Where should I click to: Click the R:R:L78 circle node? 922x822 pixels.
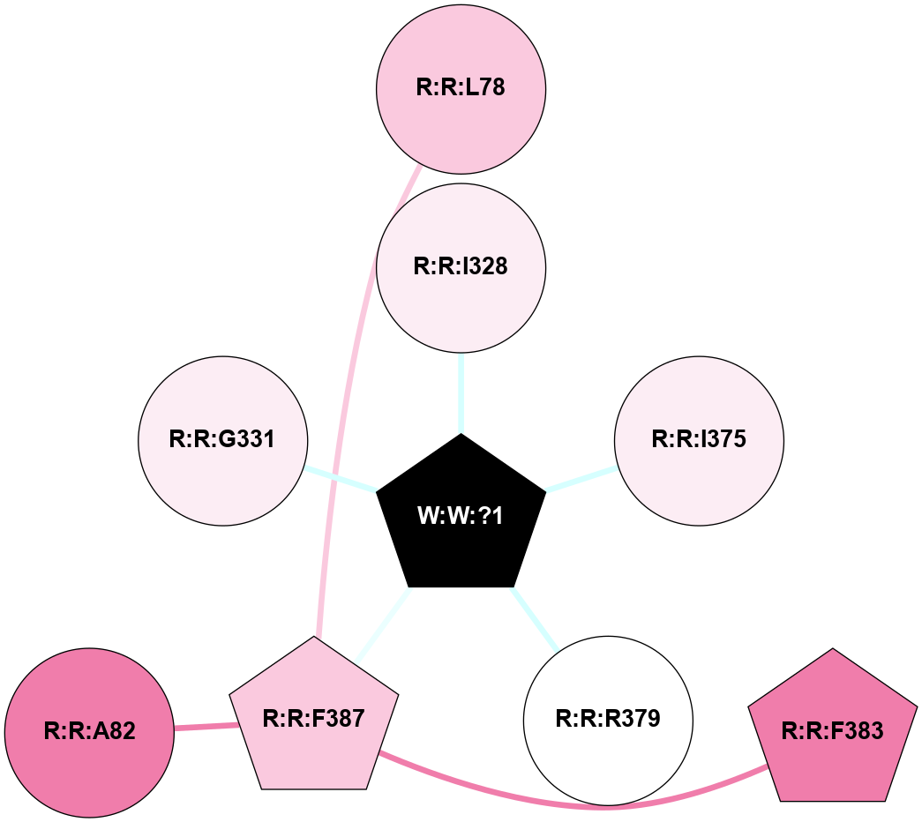[461, 88]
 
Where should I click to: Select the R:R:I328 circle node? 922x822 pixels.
[461, 266]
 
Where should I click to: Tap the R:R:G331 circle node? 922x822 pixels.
[222, 439]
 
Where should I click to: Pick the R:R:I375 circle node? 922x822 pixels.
[699, 439]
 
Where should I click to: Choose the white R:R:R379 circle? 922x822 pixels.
[608, 719]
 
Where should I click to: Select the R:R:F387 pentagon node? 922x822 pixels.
[314, 719]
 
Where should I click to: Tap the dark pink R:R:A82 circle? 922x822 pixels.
[89, 731]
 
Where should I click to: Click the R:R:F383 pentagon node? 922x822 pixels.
[833, 731]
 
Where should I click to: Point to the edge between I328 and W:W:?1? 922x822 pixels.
[461, 392]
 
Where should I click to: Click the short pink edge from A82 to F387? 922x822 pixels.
[206, 727]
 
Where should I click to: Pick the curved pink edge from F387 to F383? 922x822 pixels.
[600, 805]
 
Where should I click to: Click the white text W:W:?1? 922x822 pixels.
[461, 516]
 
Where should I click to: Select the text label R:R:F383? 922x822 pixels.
[833, 731]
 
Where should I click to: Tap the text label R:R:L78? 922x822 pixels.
[461, 88]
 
